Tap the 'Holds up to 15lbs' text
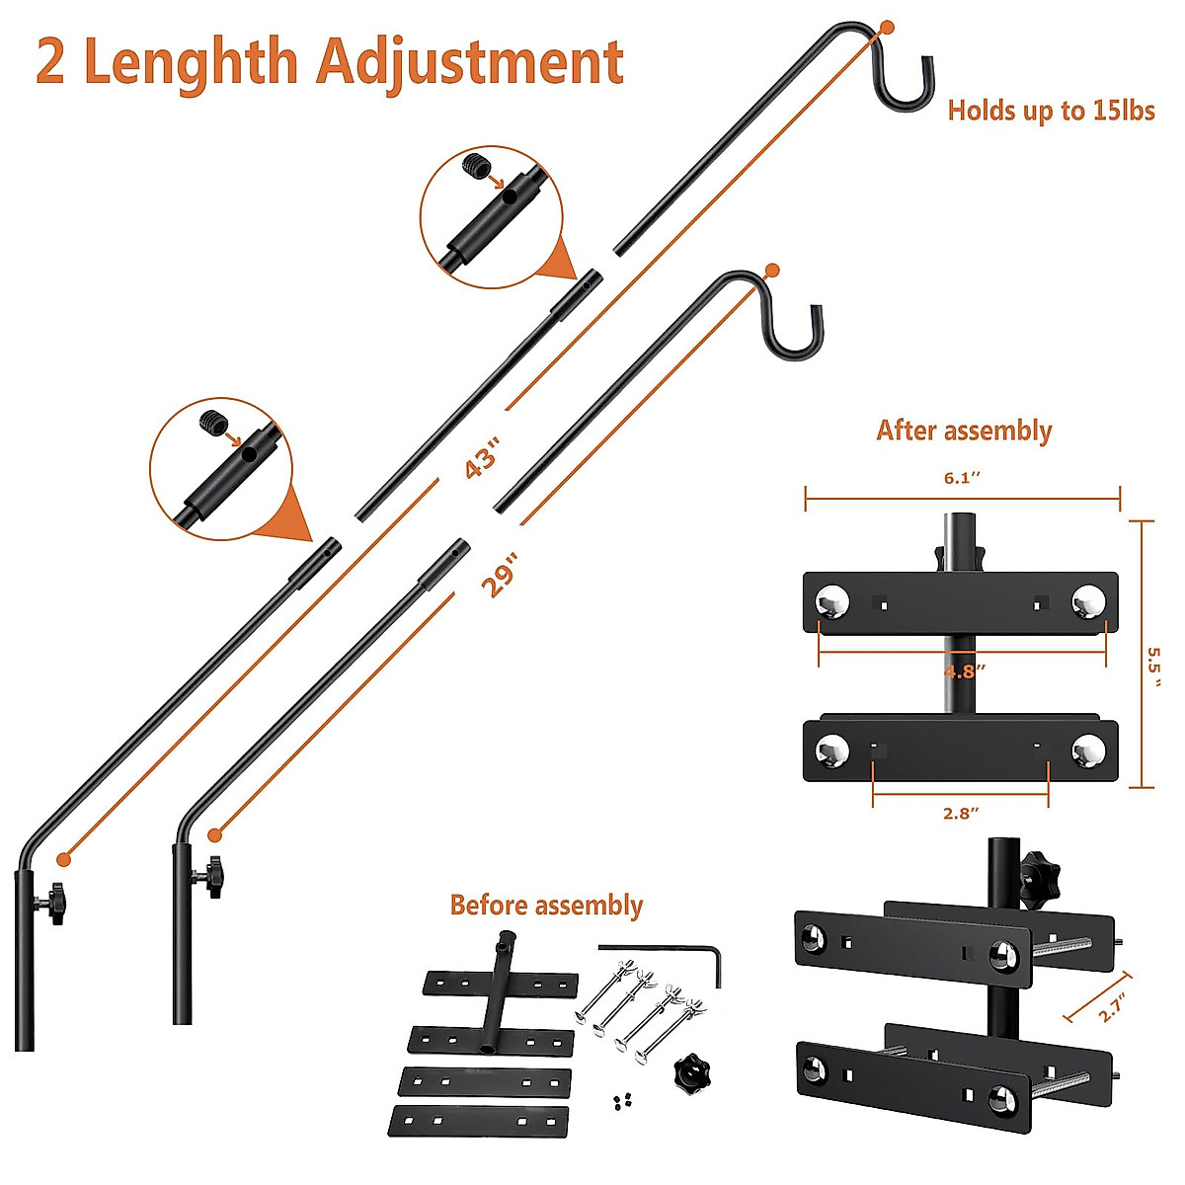1051,110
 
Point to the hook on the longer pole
906,81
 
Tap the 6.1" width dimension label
962,478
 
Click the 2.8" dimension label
960,814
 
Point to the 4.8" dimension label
965,671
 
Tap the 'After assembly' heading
964,431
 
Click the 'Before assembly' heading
546,905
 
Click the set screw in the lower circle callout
213,422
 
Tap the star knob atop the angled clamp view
1040,870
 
